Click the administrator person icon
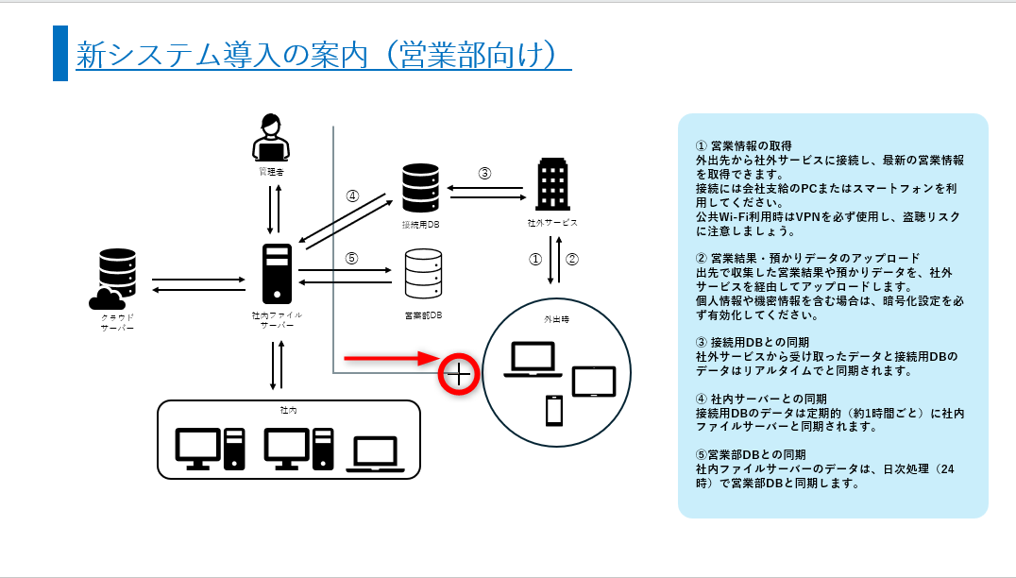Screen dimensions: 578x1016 coord(271,139)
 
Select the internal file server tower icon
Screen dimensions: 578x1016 coord(278,273)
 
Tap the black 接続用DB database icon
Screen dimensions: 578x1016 coord(420,188)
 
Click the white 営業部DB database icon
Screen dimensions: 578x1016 coord(422,275)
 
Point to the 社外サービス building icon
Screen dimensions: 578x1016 coord(551,184)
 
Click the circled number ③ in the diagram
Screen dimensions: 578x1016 coord(484,173)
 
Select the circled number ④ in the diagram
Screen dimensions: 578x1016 coord(352,196)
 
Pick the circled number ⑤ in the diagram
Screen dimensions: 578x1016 coord(352,258)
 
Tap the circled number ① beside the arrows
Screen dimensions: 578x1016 coord(534,258)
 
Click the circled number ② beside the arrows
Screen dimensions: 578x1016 coord(571,258)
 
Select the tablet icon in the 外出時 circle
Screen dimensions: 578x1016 coord(594,382)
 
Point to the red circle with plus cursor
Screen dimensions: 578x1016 coord(458,374)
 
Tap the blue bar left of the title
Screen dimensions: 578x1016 coord(60,54)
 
